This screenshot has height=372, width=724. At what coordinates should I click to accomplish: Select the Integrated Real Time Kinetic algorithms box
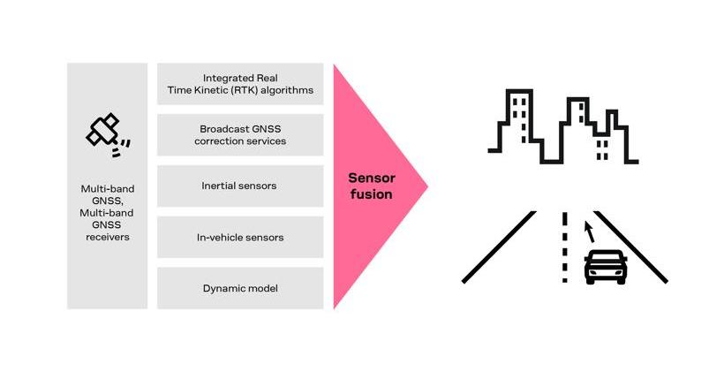coord(240,84)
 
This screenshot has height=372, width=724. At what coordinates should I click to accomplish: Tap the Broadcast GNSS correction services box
coord(240,134)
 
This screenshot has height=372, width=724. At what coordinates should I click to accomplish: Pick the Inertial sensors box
coord(240,186)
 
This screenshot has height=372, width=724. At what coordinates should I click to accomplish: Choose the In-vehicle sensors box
coord(240,237)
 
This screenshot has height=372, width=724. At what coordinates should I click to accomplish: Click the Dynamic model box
coord(240,288)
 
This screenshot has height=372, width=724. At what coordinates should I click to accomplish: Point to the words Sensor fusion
coord(370,186)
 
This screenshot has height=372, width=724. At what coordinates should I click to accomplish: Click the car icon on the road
coord(606,266)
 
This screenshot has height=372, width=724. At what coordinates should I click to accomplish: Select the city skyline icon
coord(562,128)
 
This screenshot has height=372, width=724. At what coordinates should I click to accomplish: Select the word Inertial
coord(221,186)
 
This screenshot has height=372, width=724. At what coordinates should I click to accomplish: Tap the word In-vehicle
coord(219,237)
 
